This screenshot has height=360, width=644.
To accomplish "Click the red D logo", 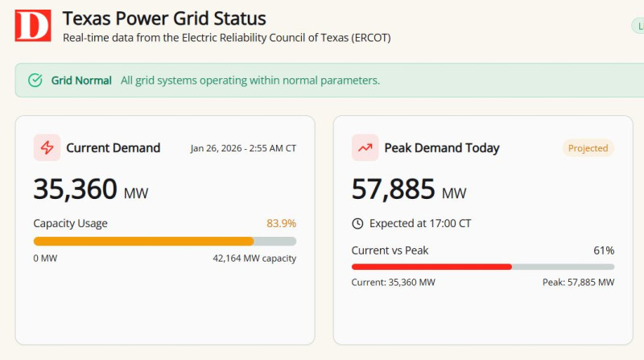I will [32, 26].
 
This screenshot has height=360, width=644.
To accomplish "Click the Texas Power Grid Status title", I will [164, 18].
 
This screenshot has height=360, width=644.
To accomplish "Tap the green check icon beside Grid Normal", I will [35, 81].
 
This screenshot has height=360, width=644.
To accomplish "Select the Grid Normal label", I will [81, 81].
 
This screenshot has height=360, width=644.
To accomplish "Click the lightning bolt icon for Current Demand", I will [47, 147].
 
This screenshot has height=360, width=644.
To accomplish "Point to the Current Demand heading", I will [113, 147].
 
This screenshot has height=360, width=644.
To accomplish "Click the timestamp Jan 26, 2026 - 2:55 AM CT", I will [243, 148].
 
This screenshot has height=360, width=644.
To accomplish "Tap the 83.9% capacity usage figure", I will [281, 223].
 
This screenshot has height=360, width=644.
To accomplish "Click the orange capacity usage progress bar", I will [143, 241].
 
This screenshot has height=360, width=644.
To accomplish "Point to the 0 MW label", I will [45, 259].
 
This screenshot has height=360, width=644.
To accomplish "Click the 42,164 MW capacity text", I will [254, 259].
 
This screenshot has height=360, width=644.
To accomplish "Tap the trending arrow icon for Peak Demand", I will [365, 147].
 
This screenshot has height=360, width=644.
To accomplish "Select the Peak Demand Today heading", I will [442, 147].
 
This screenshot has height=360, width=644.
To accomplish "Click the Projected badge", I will [588, 148].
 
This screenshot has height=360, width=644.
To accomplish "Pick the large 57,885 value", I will [393, 188].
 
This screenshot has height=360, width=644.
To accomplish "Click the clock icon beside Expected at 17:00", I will [358, 223].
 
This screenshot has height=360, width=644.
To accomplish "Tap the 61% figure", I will [604, 250].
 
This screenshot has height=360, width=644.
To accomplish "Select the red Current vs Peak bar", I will [431, 267].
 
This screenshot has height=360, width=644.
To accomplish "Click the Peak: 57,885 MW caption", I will [578, 283].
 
